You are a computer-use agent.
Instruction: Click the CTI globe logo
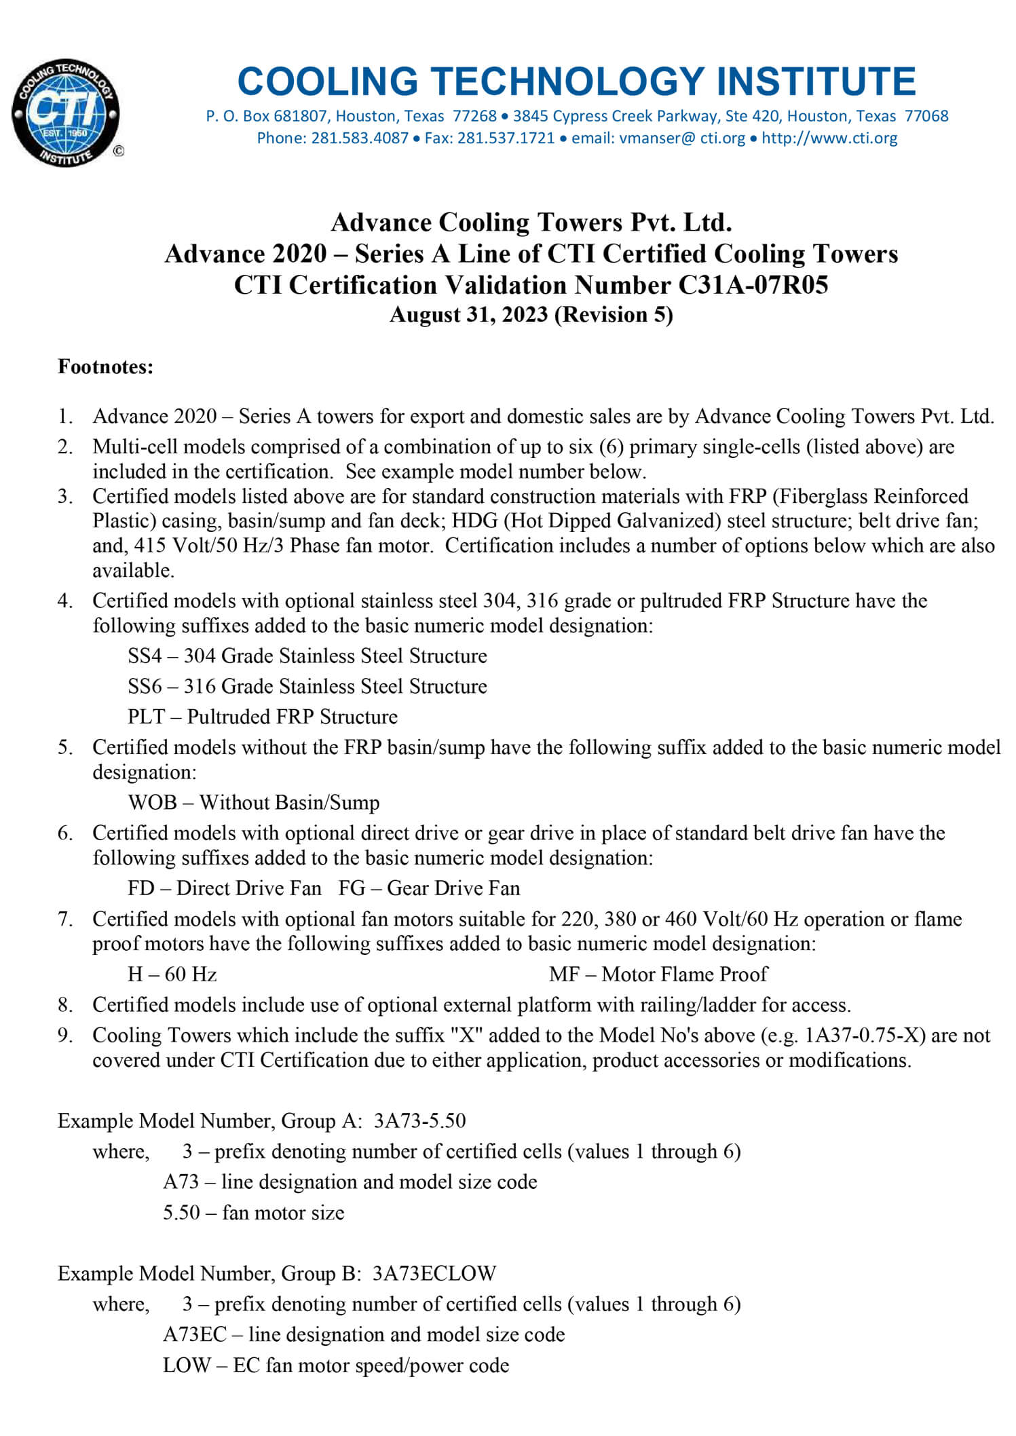tap(66, 113)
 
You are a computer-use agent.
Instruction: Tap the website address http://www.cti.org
tap(829, 138)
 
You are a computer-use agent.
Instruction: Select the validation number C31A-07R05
tap(753, 285)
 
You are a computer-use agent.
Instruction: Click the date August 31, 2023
tap(468, 315)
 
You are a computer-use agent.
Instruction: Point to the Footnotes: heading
tap(105, 367)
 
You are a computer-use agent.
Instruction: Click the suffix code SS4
tap(145, 656)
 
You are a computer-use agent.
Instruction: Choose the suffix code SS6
tap(145, 687)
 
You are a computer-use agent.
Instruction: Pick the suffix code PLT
tap(146, 717)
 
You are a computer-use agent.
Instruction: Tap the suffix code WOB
tap(152, 803)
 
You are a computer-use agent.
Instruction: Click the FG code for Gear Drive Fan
tap(352, 888)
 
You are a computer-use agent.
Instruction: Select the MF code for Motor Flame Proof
tap(563, 975)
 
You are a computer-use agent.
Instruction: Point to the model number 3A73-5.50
tap(419, 1120)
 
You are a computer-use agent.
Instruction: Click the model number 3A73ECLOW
tap(434, 1273)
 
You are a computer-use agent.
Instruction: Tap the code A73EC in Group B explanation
tap(194, 1335)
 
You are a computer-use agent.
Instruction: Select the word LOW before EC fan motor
tap(186, 1365)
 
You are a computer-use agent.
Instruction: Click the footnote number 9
tap(64, 1036)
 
